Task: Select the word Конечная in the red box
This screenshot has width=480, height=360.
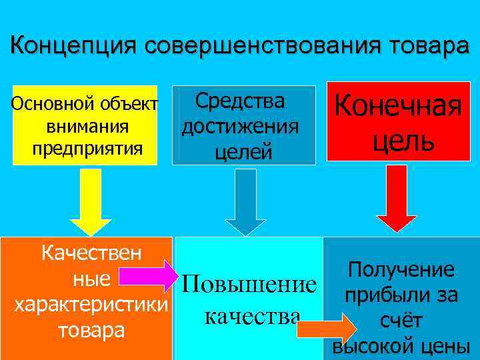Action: click(398, 106)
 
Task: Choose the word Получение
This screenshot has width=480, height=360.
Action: click(401, 270)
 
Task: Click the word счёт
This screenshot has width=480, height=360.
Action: click(400, 322)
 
